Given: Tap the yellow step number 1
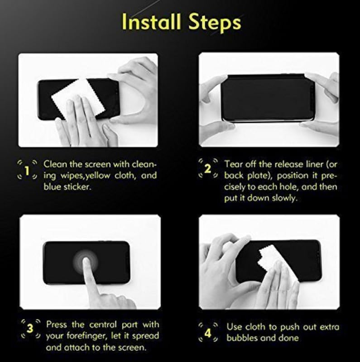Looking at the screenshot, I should point(27,171).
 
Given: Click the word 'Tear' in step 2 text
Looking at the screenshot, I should point(233,163).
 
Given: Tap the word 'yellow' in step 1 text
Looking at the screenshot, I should point(96,175).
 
